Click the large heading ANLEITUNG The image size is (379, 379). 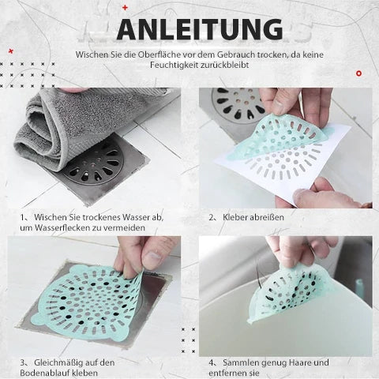coord(200,29)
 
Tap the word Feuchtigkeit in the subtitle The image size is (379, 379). coord(174,65)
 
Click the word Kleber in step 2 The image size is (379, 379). coord(235,217)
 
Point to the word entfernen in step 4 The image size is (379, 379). coord(227,373)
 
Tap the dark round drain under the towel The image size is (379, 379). coord(93,164)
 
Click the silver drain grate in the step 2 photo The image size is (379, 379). coord(238,105)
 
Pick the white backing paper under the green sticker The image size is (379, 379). coord(283,168)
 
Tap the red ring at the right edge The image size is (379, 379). coord(358,73)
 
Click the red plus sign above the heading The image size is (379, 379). coord(125,8)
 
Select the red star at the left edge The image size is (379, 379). coord(11,51)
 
